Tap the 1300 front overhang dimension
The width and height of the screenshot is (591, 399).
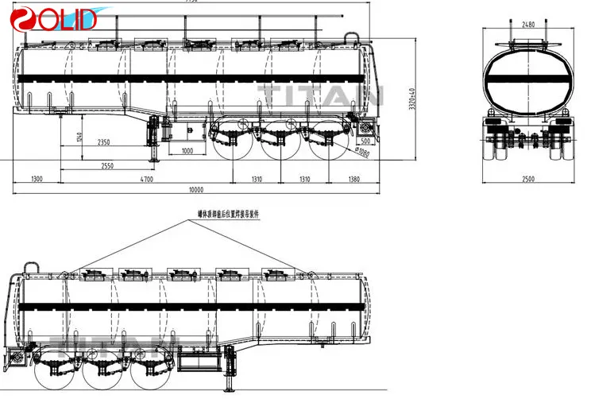pyautogui.click(x=37, y=180)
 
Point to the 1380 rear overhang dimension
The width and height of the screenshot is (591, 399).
pyautogui.click(x=354, y=180)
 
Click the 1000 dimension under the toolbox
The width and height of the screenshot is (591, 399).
pyautogui.click(x=188, y=151)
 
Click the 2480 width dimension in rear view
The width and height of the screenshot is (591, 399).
pyautogui.click(x=528, y=25)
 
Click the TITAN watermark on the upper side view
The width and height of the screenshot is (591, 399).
pyautogui.click(x=322, y=96)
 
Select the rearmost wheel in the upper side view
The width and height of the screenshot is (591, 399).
pyautogui.click(x=329, y=141)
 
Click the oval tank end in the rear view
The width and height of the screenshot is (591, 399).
pyautogui.click(x=527, y=81)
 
